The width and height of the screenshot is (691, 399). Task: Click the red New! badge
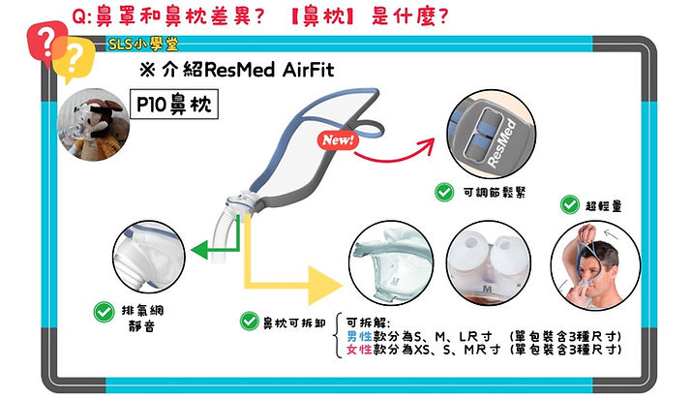click(338, 140)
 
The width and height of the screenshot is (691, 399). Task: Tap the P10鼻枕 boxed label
click(174, 104)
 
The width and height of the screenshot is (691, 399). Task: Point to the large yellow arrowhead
click(325, 286)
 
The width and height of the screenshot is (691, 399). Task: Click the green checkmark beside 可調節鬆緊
click(444, 193)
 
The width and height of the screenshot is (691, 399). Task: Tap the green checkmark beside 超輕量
click(570, 205)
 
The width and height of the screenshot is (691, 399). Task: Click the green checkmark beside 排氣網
click(104, 312)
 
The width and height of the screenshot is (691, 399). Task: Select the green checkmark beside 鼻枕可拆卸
click(249, 322)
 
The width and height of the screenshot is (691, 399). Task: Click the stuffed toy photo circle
click(94, 125)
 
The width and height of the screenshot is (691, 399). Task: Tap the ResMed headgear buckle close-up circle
click(492, 135)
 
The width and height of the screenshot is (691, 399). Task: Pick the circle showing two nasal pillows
click(489, 263)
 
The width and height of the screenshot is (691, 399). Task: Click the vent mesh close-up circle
click(149, 257)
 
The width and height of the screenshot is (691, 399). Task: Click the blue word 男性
click(359, 337)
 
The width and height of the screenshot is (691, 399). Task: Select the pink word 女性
click(359, 350)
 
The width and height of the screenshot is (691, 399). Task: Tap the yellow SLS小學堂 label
click(143, 45)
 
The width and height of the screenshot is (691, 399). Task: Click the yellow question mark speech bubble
click(74, 59)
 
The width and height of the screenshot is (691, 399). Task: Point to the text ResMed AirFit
click(269, 70)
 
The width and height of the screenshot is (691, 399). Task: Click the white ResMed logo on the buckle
click(502, 143)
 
